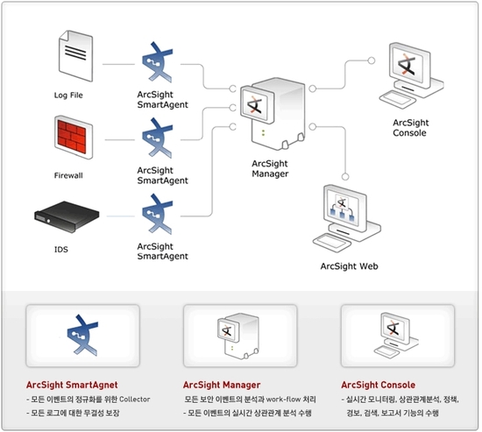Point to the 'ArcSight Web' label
[x=350, y=266]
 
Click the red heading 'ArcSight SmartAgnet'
[x=72, y=385]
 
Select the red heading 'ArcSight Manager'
[x=223, y=385]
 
